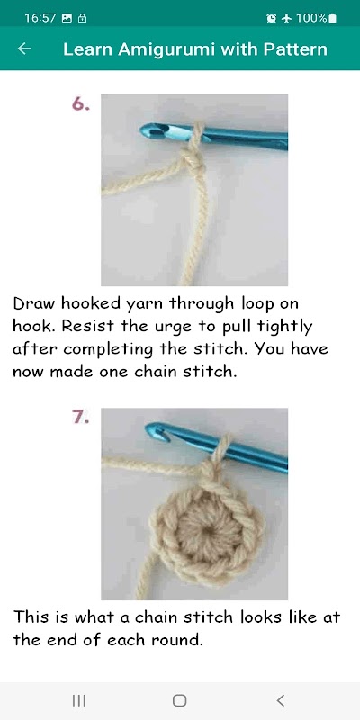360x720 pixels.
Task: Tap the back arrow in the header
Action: [24, 49]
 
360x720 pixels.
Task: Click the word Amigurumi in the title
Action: [166, 49]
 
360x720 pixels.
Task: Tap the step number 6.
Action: [81, 104]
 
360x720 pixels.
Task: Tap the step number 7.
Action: [80, 418]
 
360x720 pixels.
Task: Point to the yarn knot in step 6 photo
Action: [194, 161]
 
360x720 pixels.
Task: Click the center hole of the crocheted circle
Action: [210, 529]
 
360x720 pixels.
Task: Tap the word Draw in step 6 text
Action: [35, 303]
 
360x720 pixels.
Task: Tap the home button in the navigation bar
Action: [179, 700]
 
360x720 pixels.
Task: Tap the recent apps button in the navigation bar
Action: [79, 700]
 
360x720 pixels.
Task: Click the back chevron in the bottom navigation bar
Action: [281, 700]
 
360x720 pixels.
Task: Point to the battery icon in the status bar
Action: [332, 18]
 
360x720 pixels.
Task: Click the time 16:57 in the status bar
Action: [40, 18]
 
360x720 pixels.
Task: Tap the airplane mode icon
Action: [286, 18]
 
